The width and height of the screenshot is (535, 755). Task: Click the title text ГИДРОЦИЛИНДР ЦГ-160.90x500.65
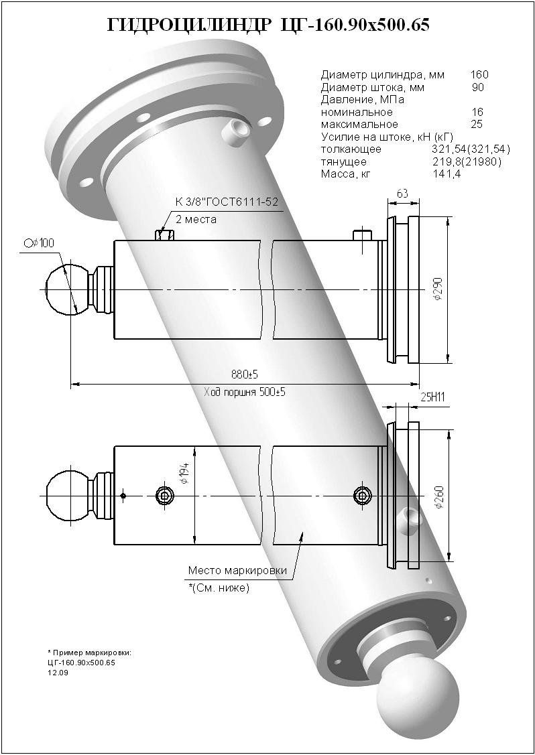point(267,25)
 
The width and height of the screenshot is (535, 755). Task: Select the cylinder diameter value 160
point(479,74)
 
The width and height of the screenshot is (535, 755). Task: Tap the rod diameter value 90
point(477,87)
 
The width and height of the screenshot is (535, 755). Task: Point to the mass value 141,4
point(446,174)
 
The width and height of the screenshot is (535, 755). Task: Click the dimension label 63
point(403,194)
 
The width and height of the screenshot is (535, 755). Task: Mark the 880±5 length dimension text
point(242,374)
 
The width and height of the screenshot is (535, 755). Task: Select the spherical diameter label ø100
point(38,243)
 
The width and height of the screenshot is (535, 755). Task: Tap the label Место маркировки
point(237,571)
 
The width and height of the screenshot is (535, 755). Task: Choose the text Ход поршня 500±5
point(245,393)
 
